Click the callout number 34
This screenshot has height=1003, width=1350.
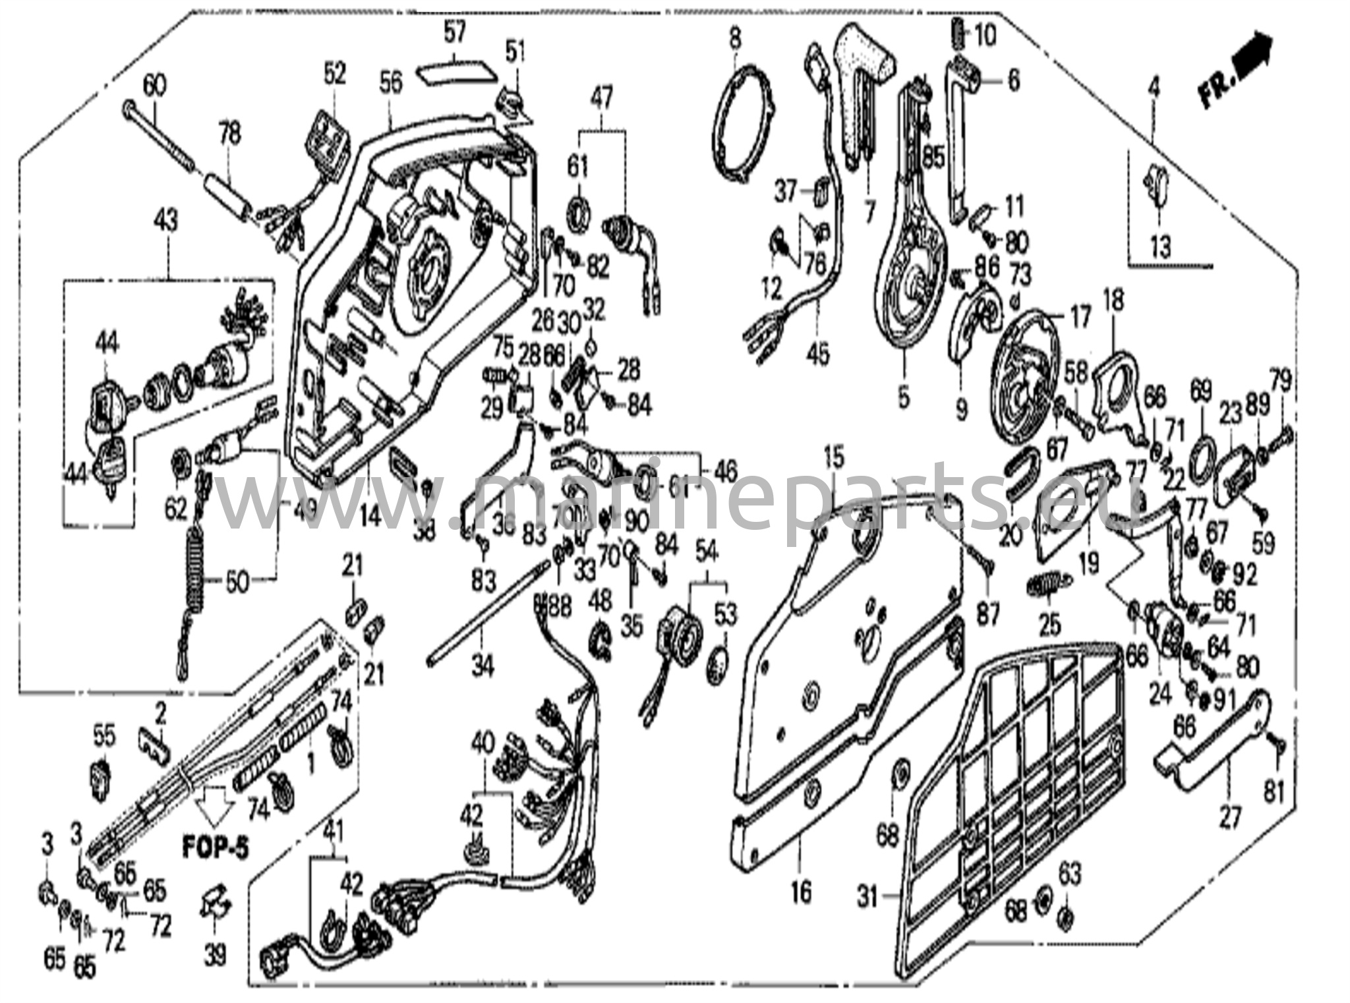tap(483, 668)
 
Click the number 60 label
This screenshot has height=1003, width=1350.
tap(155, 86)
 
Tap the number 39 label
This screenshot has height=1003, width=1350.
tap(215, 954)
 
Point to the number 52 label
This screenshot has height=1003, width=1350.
tap(335, 73)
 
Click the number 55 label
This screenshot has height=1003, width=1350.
tap(103, 735)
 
